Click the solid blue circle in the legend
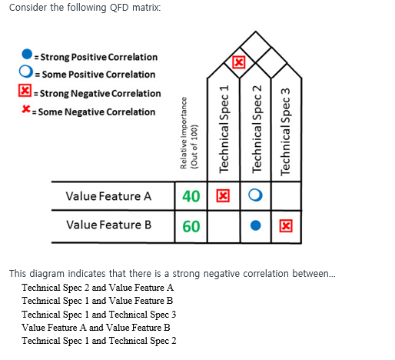pos(27,56)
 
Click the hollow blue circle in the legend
pos(27,75)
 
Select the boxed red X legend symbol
pos(25,93)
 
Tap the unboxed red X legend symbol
pos(26,112)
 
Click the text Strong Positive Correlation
pos(98,57)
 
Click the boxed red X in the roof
pos(239,62)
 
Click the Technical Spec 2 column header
pos(258,130)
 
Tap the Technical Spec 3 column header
pos(287,130)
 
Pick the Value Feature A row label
pos(108,196)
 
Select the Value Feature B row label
pos(108,225)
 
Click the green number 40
pos(191,196)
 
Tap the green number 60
pos(191,225)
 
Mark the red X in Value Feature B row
pos(286,225)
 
